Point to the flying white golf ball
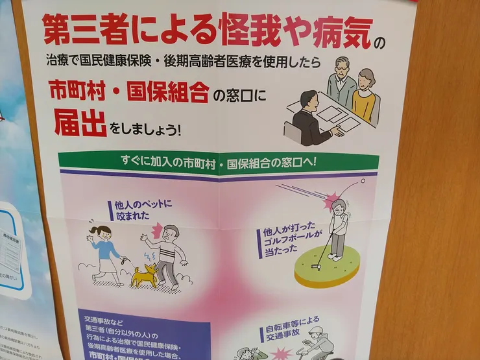click(363, 180)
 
